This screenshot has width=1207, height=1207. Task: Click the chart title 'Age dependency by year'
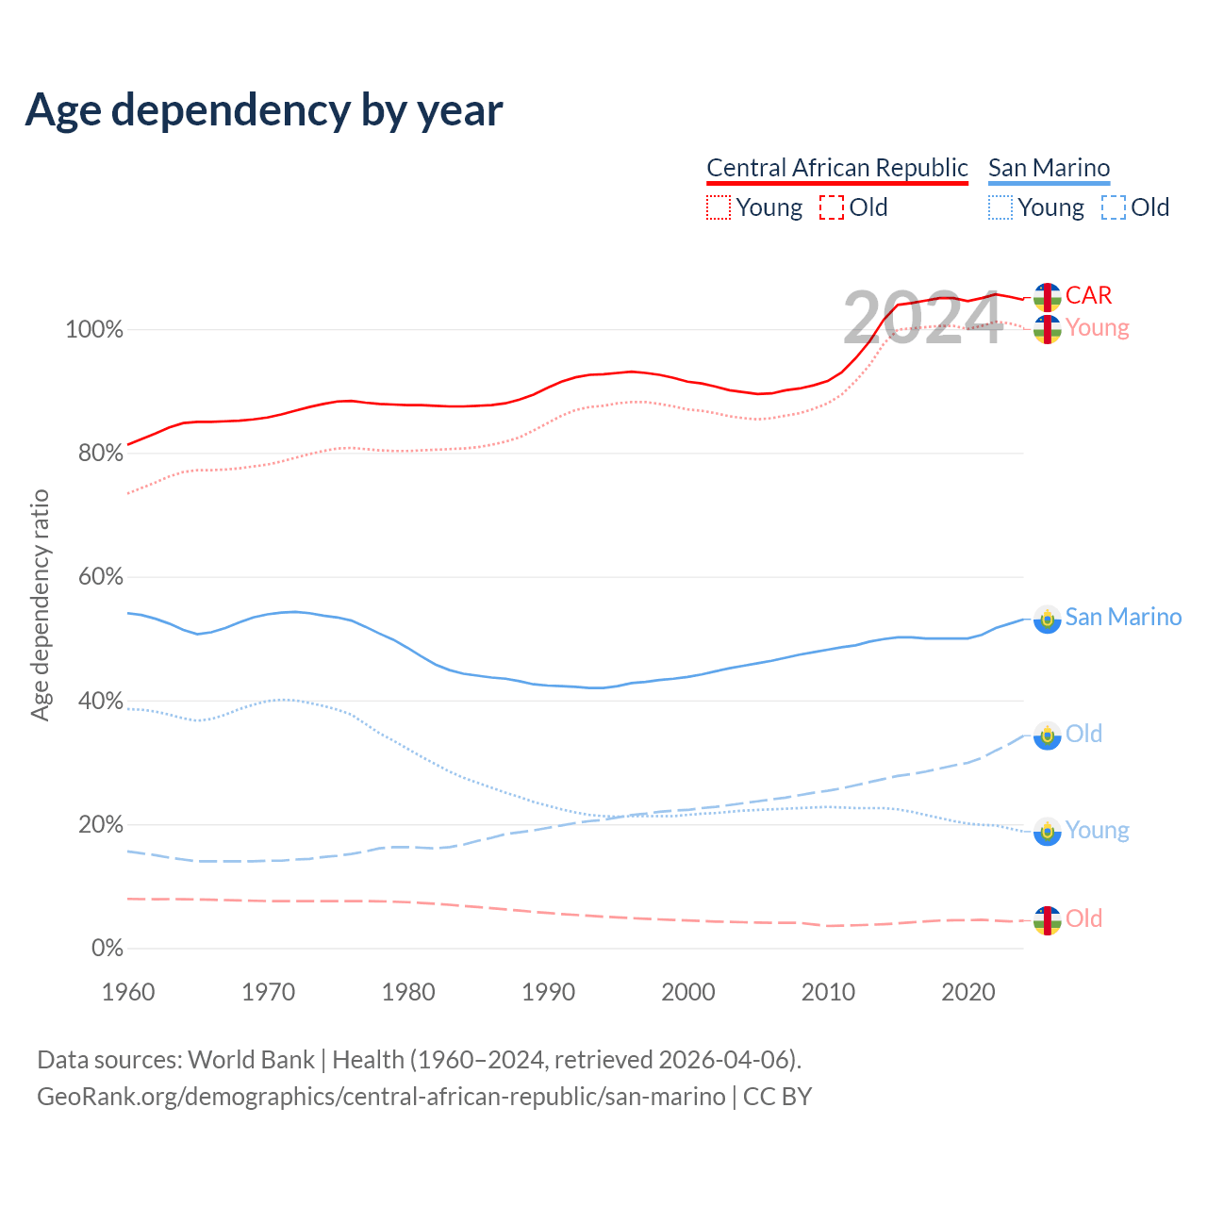coord(264,110)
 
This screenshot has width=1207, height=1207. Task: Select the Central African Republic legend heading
coord(837,168)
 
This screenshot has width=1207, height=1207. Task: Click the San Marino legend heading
coord(1049,168)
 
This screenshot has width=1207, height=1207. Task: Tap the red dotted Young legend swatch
coord(719,207)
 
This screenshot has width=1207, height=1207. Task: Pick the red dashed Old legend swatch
coord(832,207)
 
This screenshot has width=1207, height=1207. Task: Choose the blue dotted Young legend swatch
coord(1000,207)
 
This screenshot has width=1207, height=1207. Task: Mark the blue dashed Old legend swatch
coord(1114,207)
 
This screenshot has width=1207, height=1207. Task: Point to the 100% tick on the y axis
coord(93,330)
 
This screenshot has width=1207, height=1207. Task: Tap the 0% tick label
coord(107,949)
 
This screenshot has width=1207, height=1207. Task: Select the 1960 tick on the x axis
coord(128,992)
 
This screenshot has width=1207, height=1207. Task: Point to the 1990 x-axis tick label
coord(549,992)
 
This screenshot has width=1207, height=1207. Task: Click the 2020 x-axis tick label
coord(968,992)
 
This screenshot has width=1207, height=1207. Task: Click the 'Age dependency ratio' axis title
coord(40,604)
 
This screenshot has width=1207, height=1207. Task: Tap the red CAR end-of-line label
coord(1088,295)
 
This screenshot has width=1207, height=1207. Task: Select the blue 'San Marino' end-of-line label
coord(1123,617)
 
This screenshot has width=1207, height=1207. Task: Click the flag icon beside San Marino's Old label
coord(1047,736)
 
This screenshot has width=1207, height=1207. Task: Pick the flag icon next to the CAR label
coord(1047,297)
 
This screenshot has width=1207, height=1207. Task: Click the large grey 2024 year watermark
coord(921,319)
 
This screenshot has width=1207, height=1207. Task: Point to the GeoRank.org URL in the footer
coord(381,1097)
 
